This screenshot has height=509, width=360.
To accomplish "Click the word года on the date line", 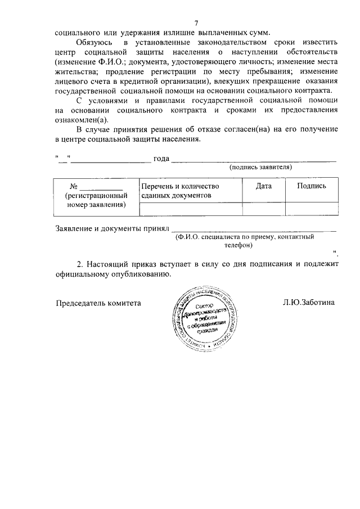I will click(x=161, y=159).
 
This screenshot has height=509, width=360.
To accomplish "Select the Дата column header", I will click(x=264, y=186).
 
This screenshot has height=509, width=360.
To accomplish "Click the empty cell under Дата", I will click(x=264, y=209).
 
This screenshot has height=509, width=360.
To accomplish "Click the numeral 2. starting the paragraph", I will click(x=80, y=264).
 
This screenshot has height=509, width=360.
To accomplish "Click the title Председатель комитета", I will click(x=98, y=302).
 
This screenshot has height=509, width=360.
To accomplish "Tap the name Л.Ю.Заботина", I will click(x=309, y=302).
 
